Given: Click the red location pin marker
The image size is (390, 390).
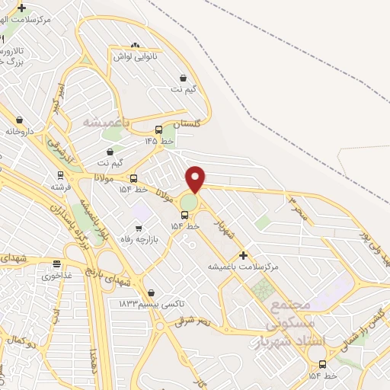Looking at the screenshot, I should click(x=196, y=178).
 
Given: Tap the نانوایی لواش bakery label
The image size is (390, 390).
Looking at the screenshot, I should click(x=135, y=57).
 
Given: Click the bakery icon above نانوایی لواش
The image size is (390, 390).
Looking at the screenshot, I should click(x=136, y=46).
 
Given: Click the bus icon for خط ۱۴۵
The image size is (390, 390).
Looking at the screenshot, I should click(x=158, y=129).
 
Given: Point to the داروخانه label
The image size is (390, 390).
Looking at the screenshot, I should click(x=21, y=131).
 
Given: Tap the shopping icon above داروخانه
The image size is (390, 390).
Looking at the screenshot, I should click(x=20, y=120).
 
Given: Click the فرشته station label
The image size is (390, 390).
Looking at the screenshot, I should click(x=60, y=186).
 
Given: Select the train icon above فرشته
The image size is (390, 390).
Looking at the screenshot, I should click(x=60, y=174).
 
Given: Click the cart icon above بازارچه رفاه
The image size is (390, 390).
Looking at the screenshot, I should click(x=138, y=228).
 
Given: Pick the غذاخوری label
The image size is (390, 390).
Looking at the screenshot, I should click(x=57, y=276).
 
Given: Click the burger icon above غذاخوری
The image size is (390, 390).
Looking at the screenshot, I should click(x=57, y=264).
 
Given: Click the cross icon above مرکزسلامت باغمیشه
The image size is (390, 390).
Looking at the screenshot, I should click(x=243, y=255).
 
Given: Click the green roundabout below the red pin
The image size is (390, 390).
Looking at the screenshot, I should click(x=188, y=203).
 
